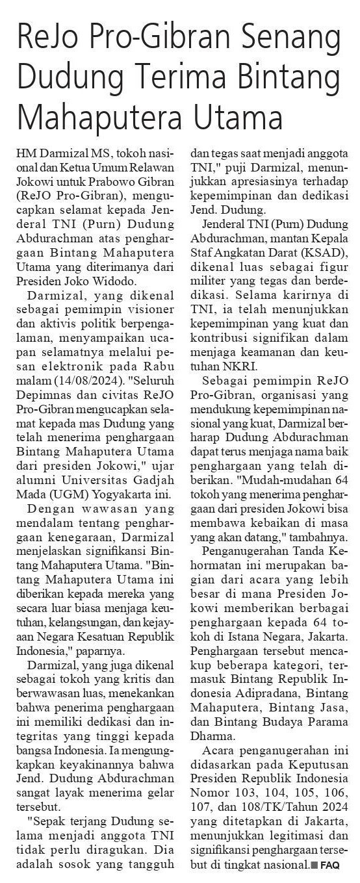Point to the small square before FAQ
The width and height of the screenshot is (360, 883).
pos(315,865)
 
